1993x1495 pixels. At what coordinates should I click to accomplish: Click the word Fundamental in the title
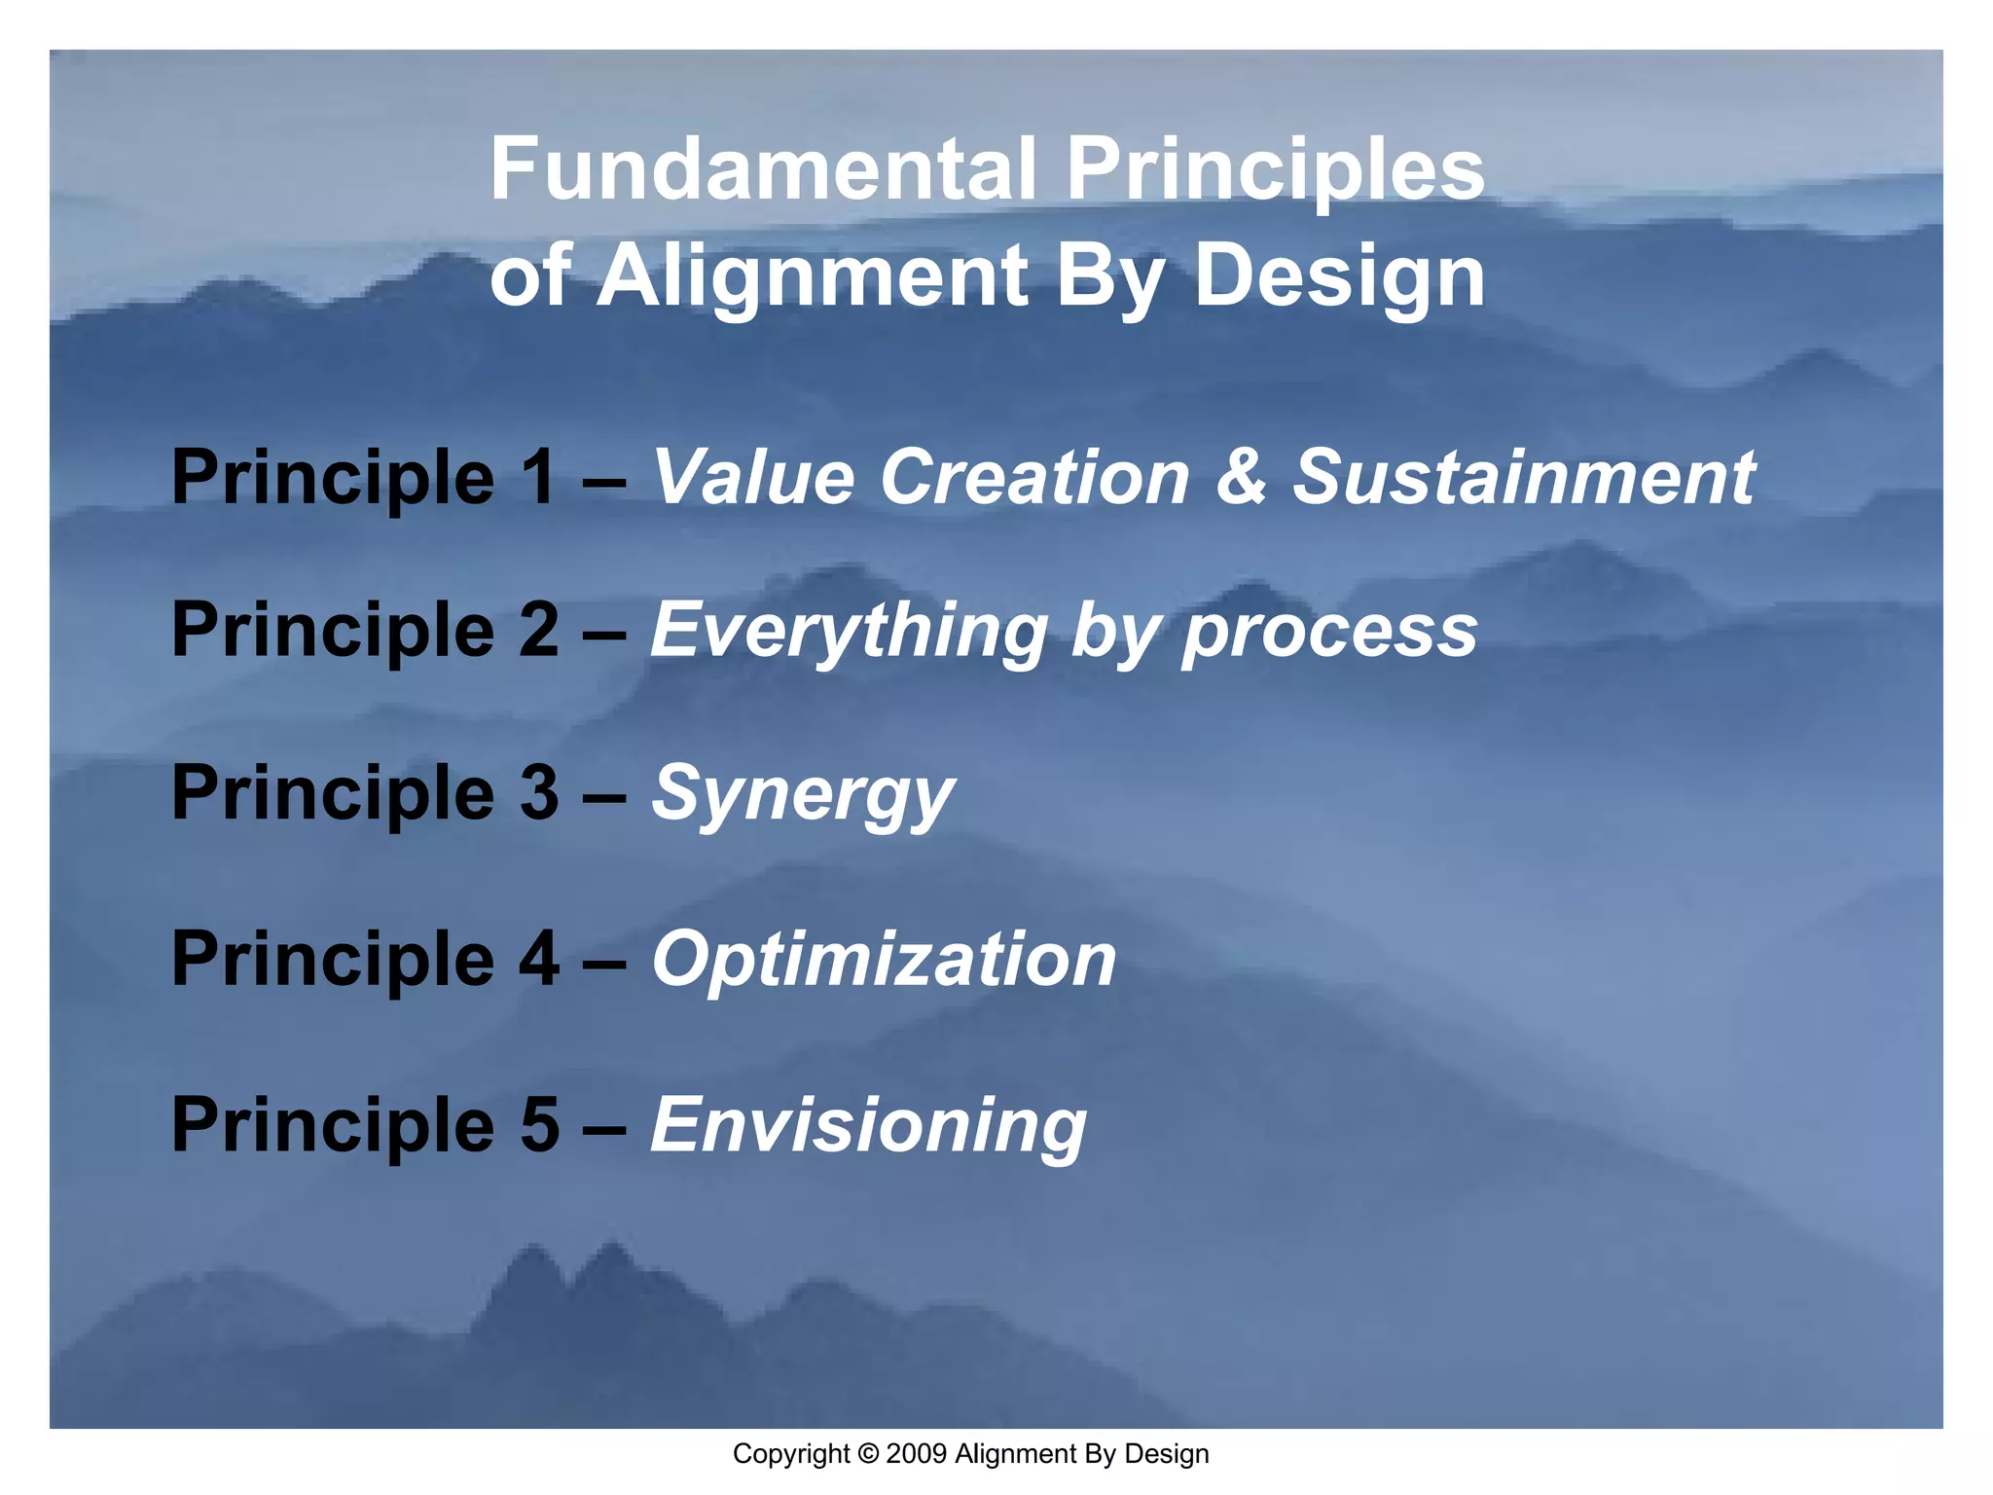pyautogui.click(x=762, y=169)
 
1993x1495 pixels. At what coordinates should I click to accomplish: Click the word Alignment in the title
pyautogui.click(x=812, y=277)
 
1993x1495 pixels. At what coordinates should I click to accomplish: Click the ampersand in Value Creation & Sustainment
pyautogui.click(x=1240, y=477)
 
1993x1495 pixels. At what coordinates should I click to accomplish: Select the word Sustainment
pyautogui.click(x=1523, y=477)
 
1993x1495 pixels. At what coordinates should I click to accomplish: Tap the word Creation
pyautogui.click(x=1033, y=477)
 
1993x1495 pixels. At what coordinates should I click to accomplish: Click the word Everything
pyautogui.click(x=849, y=631)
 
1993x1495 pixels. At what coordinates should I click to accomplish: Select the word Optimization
pyautogui.click(x=884, y=960)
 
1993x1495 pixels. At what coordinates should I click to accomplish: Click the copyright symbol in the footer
pyautogui.click(x=868, y=1454)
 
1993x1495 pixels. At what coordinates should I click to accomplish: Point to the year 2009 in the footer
pyautogui.click(x=917, y=1454)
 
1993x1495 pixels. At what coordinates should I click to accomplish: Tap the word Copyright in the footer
pyautogui.click(x=790, y=1454)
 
